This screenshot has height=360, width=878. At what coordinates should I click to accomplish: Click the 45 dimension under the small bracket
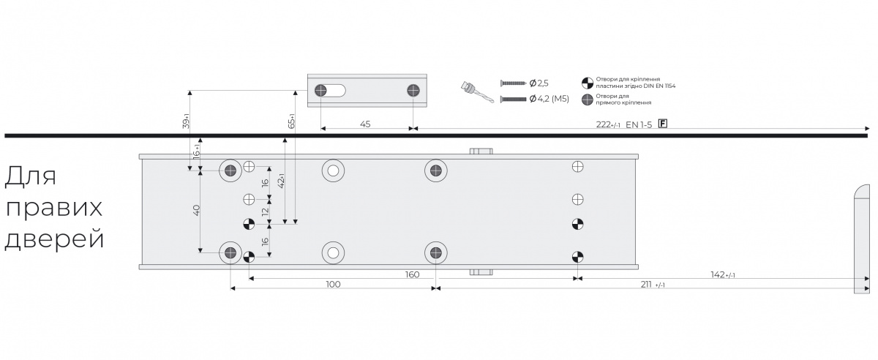coord(365,124)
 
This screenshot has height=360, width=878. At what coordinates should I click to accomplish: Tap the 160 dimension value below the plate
coord(412,274)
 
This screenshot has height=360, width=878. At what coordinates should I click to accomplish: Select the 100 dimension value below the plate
coord(333,285)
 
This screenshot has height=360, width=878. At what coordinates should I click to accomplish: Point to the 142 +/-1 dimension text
coord(723,274)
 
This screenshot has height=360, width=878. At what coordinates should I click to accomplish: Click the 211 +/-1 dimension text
coord(653,285)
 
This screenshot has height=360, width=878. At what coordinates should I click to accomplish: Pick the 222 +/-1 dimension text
coord(608,124)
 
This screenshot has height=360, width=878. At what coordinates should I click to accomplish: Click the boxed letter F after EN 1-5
coord(662,124)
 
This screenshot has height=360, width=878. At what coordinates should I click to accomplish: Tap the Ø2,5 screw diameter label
coord(539,83)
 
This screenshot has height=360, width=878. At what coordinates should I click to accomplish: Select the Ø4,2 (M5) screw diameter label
coord(549,99)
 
